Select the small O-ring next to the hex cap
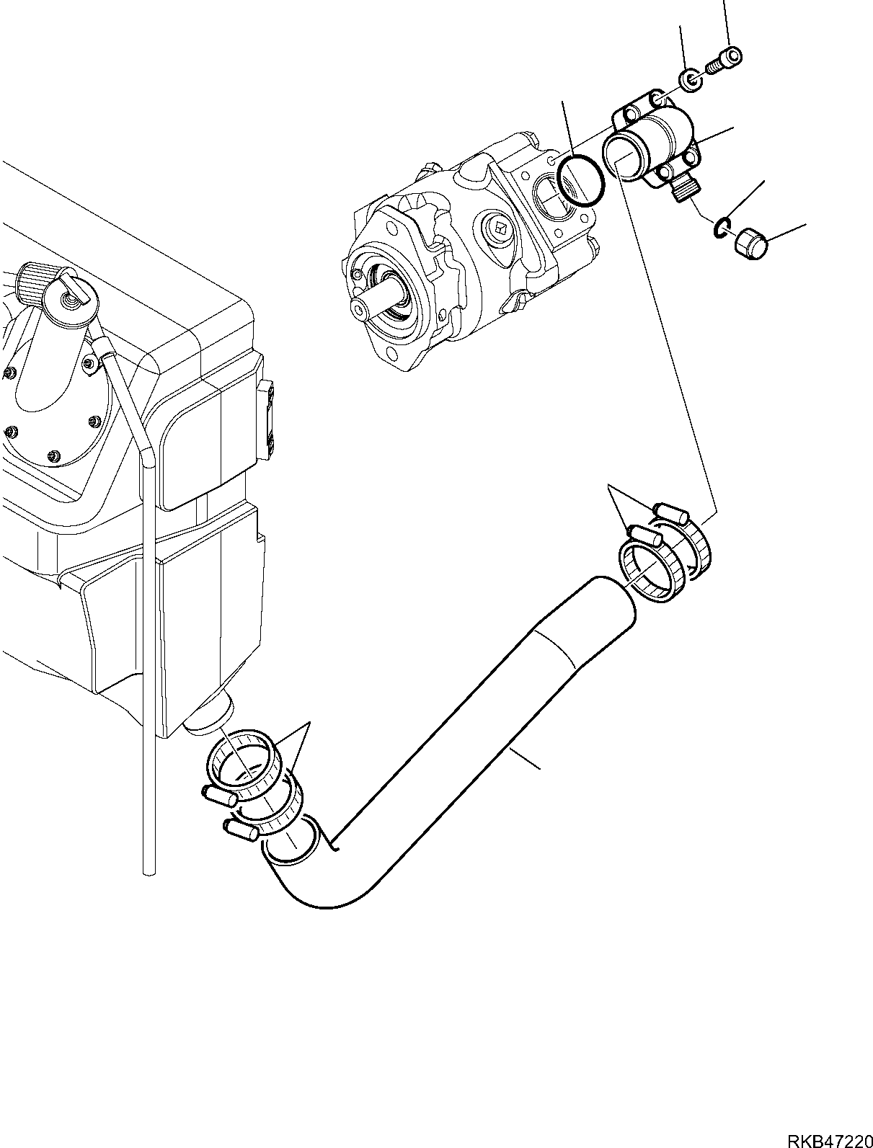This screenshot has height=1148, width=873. pos(721,228)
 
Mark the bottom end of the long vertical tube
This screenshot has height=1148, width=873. pos(149,871)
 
